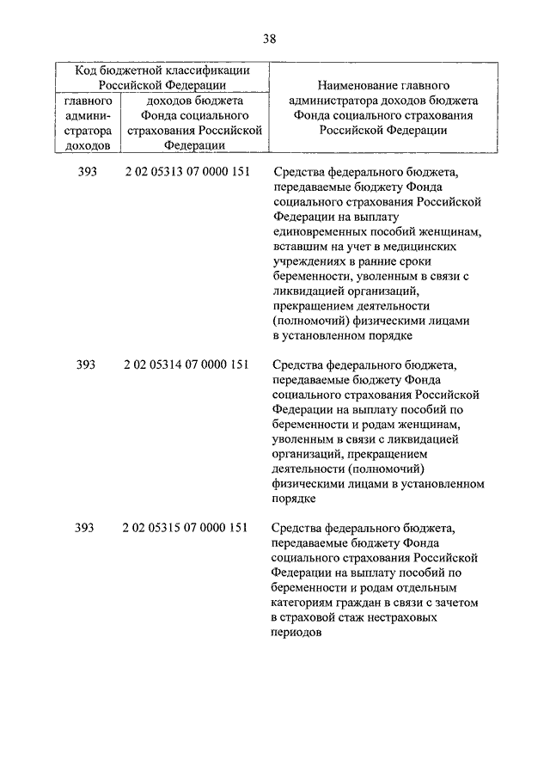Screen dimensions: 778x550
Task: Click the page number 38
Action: coord(270,38)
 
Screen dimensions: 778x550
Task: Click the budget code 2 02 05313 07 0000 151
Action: coord(186,171)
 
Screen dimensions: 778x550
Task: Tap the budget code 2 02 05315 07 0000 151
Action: coord(186,527)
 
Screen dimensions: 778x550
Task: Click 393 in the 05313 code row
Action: coord(86,171)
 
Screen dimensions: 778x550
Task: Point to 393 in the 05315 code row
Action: coord(86,527)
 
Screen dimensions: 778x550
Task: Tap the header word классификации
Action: coord(209,70)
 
